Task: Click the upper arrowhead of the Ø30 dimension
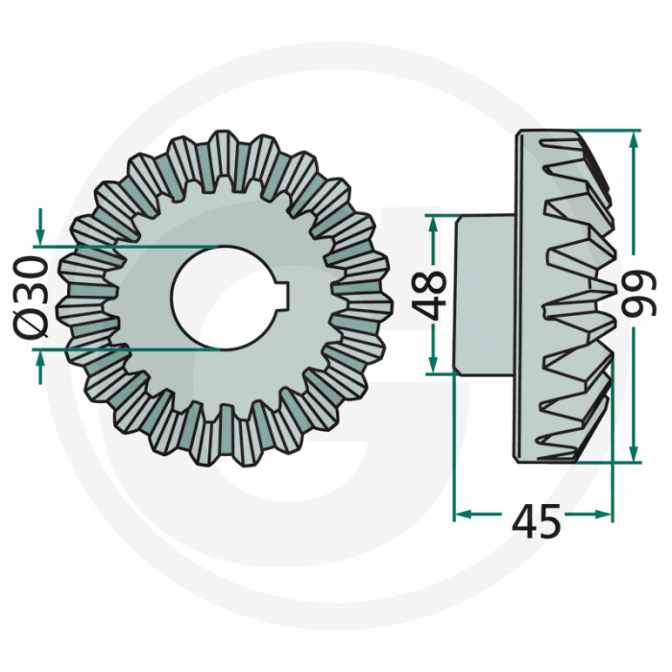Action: (x=39, y=236)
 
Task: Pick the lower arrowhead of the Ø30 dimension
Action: (x=39, y=356)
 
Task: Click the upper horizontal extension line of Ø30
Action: (x=134, y=246)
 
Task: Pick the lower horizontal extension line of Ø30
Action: (x=134, y=349)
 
